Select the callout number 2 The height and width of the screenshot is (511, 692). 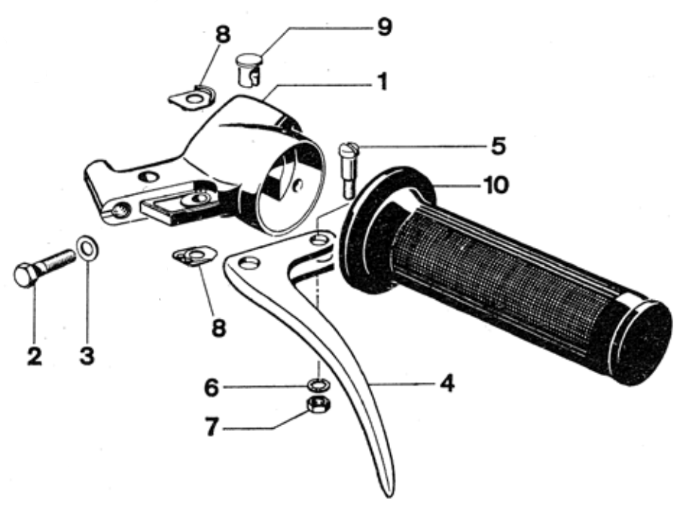(x=32, y=353)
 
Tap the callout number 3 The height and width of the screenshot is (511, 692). (x=87, y=353)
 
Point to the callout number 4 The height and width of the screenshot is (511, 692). (x=447, y=384)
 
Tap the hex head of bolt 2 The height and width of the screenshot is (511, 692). (x=28, y=275)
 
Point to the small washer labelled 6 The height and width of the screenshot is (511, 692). (x=319, y=384)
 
